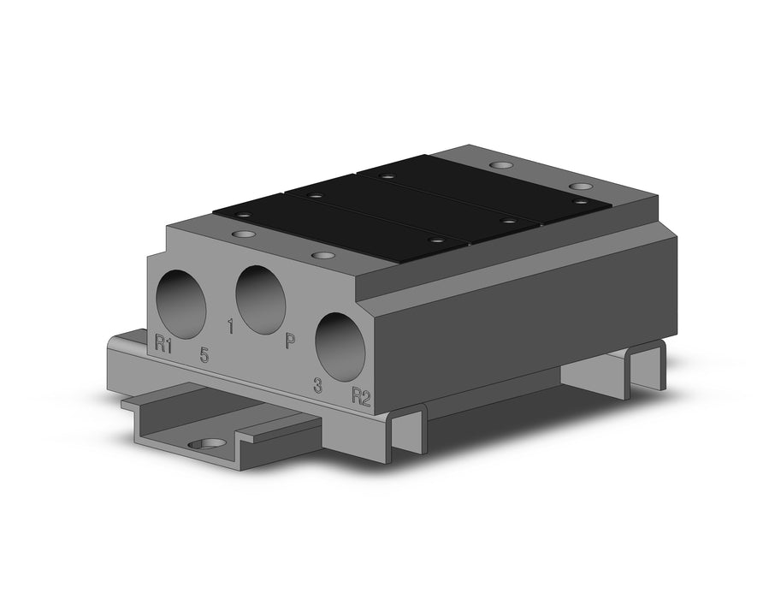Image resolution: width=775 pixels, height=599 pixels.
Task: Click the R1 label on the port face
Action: pyautogui.click(x=163, y=343)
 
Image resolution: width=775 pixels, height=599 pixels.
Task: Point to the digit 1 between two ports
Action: pyautogui.click(x=229, y=327)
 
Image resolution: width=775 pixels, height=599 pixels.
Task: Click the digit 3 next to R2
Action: pyautogui.click(x=318, y=385)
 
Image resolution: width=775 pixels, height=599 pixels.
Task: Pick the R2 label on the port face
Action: pyautogui.click(x=361, y=397)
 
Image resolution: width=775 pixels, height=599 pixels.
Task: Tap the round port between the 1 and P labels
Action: pyautogui.click(x=261, y=299)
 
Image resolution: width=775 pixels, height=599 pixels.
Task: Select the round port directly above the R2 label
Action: pyautogui.click(x=341, y=347)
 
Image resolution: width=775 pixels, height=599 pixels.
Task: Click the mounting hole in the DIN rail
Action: pyautogui.click(x=205, y=445)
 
